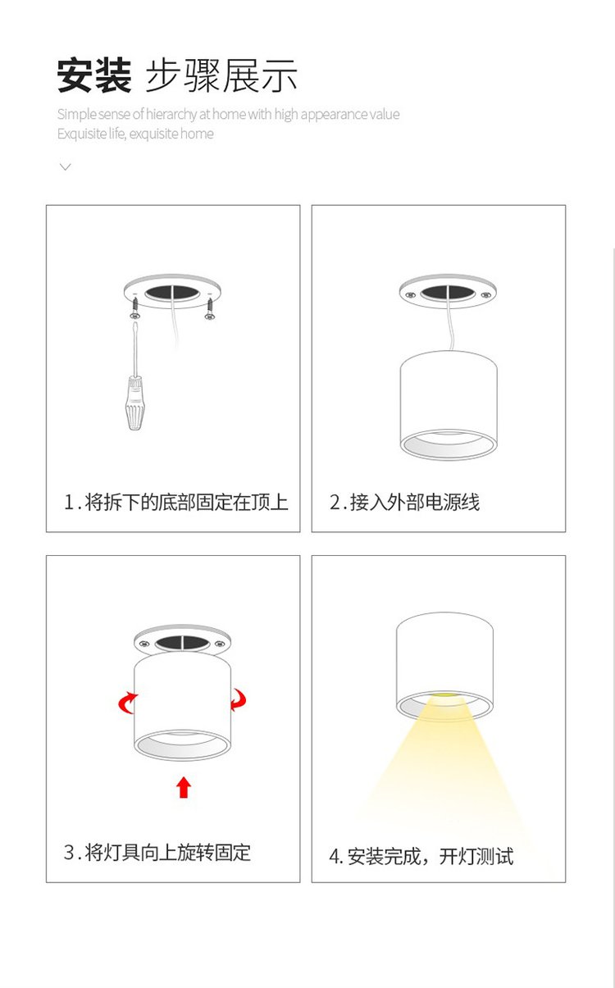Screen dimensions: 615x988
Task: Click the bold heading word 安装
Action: point(94,75)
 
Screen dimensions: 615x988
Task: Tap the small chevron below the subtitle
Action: point(66,166)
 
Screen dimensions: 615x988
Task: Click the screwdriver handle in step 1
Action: point(134,403)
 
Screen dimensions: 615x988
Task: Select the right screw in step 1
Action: point(210,309)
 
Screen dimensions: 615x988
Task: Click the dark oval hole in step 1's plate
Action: point(172,293)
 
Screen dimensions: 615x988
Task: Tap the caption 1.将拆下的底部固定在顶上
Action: point(176,502)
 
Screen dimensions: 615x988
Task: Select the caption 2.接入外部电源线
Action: point(404,502)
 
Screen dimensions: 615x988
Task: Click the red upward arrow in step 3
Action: point(184,787)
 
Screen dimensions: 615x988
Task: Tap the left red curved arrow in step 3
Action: point(127,703)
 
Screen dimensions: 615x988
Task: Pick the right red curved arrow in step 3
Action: point(239,699)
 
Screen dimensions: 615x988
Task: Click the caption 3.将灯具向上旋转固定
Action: point(157,852)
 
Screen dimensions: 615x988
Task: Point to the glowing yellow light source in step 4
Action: point(444,695)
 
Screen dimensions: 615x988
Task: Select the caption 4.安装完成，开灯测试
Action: point(421,856)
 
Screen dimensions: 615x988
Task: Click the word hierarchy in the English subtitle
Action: point(171,115)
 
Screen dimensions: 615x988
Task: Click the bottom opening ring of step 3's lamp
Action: point(182,745)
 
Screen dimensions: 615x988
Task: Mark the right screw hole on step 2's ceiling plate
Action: point(485,294)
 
